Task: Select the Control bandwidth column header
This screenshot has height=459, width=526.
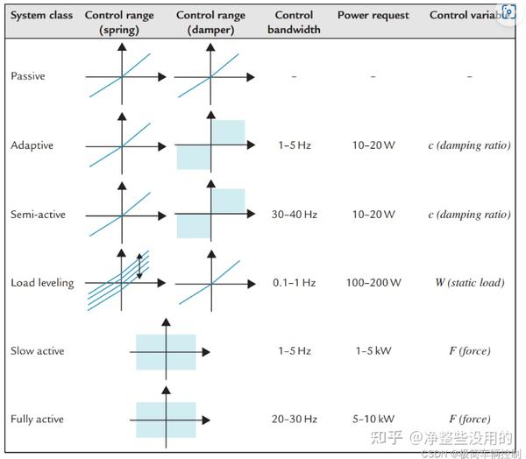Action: [x=294, y=22]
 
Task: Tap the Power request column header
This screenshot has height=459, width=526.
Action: [x=372, y=16]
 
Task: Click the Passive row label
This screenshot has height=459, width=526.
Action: [x=28, y=76]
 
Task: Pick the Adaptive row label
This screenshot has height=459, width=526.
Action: [x=32, y=145]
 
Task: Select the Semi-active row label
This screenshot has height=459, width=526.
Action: [x=38, y=215]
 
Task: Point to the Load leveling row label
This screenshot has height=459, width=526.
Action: [x=42, y=283]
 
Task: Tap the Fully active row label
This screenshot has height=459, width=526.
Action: [x=38, y=420]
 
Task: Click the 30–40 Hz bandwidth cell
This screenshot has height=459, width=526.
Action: [x=294, y=215]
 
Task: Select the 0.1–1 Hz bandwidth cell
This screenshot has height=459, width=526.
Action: [x=294, y=283]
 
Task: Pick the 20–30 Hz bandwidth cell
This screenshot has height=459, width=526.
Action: [x=294, y=420]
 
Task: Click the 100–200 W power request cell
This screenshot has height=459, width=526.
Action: [x=373, y=283]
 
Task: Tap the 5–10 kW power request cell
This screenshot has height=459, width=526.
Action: [x=373, y=420]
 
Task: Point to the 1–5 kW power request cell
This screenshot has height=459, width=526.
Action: [x=373, y=351]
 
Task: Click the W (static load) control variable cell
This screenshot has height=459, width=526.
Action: [x=470, y=283]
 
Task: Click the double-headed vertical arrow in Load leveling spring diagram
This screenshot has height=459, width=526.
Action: [x=139, y=265]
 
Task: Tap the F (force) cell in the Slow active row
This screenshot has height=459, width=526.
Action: [x=470, y=351]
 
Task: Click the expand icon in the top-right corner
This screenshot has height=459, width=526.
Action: [x=509, y=11]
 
